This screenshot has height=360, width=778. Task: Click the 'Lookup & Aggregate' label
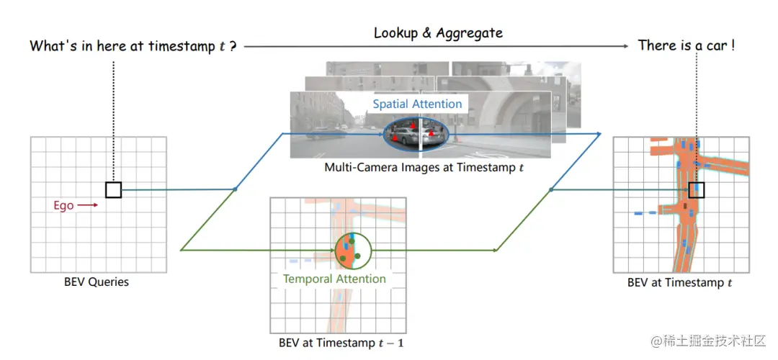point(438,33)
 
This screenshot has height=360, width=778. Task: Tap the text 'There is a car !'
point(687,45)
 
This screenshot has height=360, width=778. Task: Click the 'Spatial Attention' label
point(417,104)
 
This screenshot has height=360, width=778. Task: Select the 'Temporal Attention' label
point(334,279)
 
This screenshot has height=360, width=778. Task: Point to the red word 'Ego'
point(63,205)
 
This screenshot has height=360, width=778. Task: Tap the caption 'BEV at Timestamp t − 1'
point(341,343)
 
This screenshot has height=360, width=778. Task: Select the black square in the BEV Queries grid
point(113,189)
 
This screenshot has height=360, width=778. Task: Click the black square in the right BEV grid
point(696,190)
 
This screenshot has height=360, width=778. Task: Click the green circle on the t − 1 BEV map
point(352,250)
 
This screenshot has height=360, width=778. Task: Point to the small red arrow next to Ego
point(88,205)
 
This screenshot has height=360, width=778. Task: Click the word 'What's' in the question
point(51,46)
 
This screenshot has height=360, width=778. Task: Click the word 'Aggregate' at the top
point(471,33)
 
